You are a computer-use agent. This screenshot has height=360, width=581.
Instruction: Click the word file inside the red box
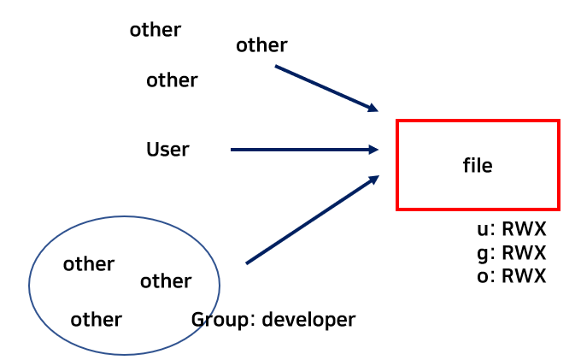tap(478, 166)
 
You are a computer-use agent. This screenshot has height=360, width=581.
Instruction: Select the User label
tap(167, 150)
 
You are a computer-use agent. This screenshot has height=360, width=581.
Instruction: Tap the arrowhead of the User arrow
tap(373, 150)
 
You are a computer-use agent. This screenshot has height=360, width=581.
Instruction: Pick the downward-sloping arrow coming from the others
tap(325, 87)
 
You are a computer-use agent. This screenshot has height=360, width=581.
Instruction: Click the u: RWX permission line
tap(511, 230)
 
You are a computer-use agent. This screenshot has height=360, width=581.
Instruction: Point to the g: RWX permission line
tap(511, 253)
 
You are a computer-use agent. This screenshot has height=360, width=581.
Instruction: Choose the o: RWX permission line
tap(511, 275)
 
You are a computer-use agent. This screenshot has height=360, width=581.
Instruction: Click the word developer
tap(308, 320)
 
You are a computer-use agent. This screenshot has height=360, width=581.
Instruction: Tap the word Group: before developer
tap(222, 320)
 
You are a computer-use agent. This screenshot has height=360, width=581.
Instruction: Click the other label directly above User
tap(172, 80)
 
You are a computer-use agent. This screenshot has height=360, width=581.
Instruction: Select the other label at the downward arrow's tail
tap(261, 45)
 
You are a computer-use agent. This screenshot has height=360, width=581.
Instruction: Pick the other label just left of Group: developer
tap(96, 320)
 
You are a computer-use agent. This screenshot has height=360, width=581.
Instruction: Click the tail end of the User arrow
tap(233, 150)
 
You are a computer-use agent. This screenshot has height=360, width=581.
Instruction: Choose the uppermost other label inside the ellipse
tap(89, 264)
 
